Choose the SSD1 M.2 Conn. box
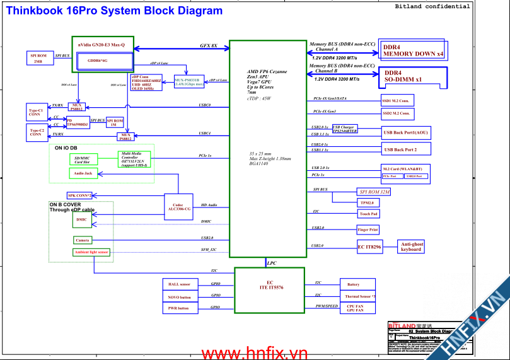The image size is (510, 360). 397,100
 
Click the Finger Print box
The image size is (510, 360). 368,230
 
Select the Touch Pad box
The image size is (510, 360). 368,214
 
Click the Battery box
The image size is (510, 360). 353,284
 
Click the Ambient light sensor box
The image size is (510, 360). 91,252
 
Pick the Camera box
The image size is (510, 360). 83,240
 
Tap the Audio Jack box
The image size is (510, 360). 83,173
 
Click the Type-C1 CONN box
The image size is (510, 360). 36,113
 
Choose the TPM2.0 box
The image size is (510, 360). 367,203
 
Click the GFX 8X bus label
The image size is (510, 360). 209,46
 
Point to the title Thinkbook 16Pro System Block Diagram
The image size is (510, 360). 114,11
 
